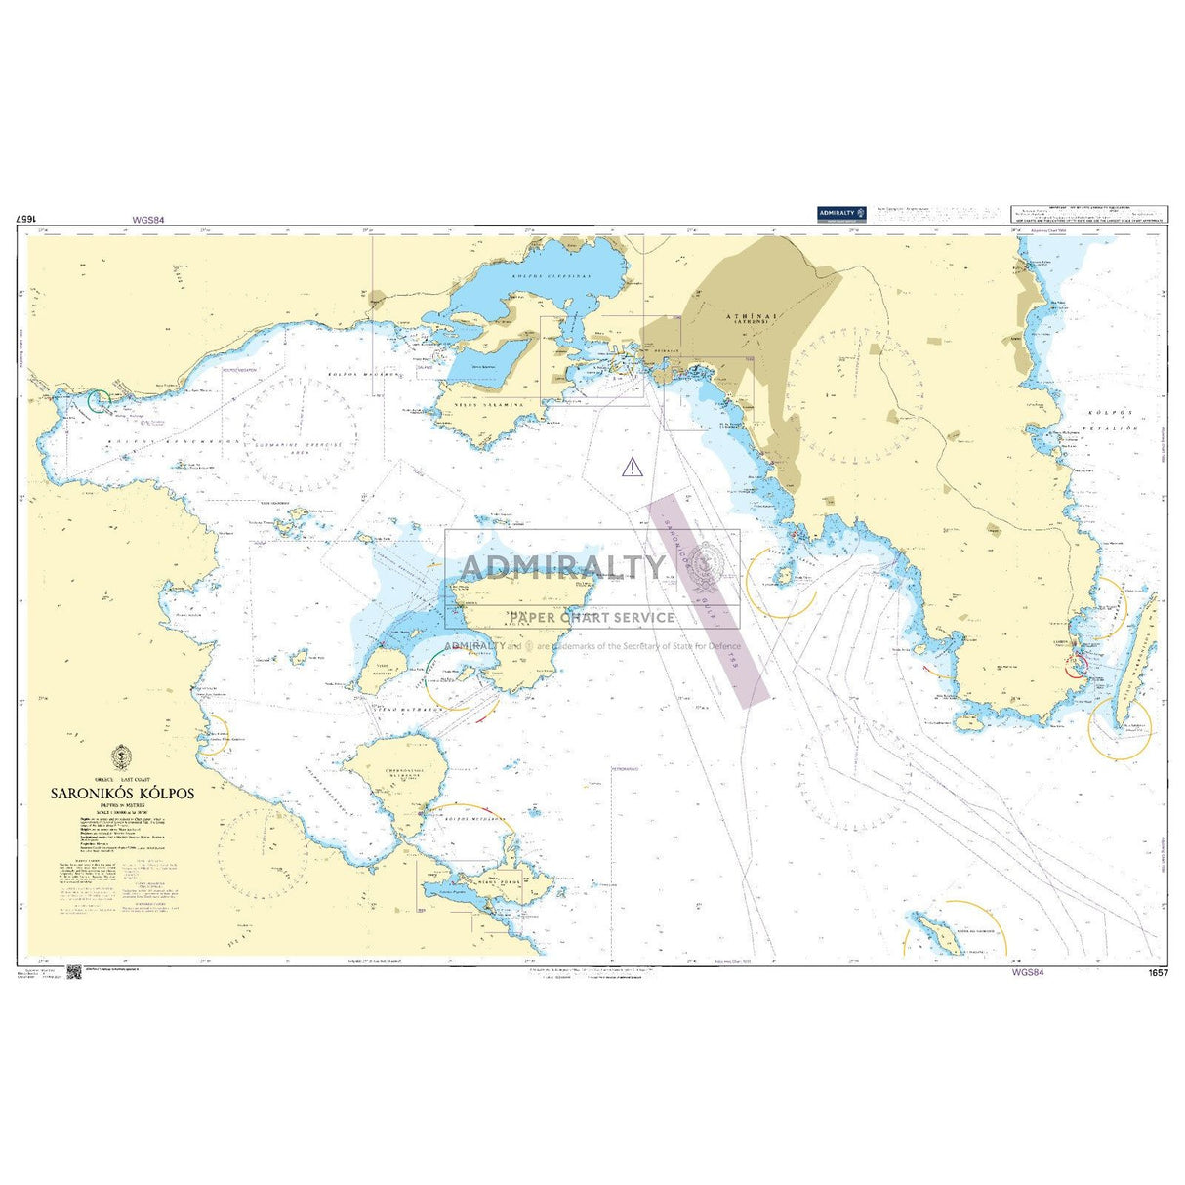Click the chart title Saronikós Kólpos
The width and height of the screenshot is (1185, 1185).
pyautogui.click(x=123, y=794)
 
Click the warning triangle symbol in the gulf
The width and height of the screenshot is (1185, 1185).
pyautogui.click(x=633, y=467)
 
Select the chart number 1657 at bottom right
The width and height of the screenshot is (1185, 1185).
pyautogui.click(x=1159, y=973)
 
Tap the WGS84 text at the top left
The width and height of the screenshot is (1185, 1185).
pyautogui.click(x=147, y=220)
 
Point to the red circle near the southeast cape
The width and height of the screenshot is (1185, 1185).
pyautogui.click(x=1074, y=665)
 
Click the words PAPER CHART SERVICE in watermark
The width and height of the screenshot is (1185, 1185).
pyautogui.click(x=592, y=617)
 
